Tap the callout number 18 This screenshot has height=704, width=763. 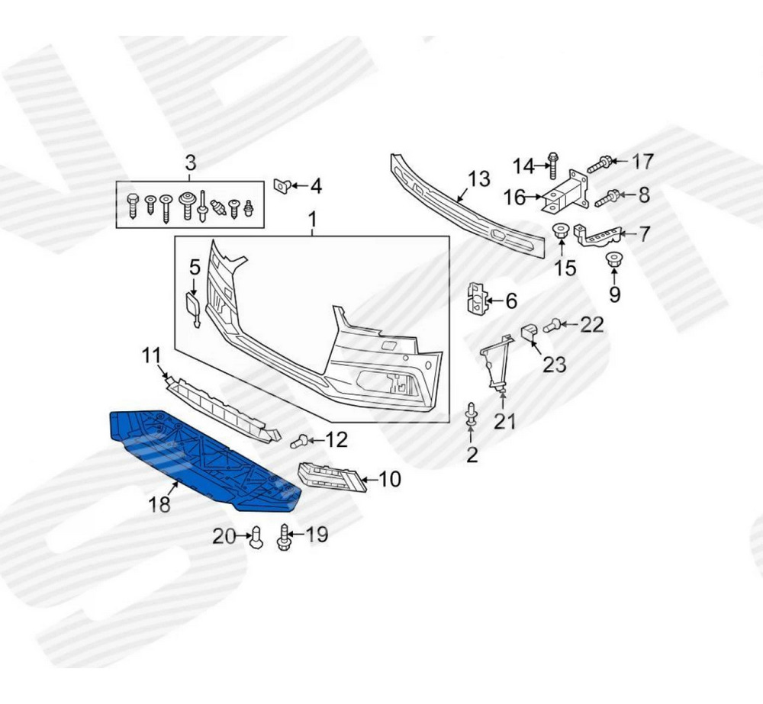[159, 504]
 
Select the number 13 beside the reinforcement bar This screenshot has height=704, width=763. [478, 179]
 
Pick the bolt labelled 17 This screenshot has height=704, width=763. [601, 164]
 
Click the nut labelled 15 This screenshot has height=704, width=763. [562, 232]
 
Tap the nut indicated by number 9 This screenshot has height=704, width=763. [614, 259]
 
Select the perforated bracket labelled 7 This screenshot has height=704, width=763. [598, 236]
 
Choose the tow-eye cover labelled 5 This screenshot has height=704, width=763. [193, 308]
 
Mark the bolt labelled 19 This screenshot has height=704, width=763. [283, 537]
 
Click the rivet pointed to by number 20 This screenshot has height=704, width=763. [256, 537]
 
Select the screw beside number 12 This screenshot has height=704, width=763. [298, 441]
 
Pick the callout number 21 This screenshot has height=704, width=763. [504, 420]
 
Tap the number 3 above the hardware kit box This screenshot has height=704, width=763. [190, 162]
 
